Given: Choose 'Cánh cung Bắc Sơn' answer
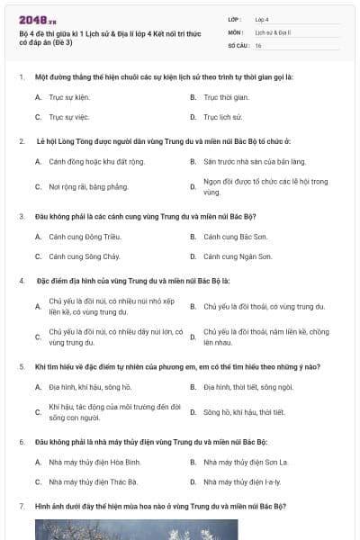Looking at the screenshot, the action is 237,237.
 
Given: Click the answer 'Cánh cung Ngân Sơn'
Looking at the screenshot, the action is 238,256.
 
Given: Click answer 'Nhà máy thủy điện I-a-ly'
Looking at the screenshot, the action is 242,482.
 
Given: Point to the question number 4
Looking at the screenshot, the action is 21,281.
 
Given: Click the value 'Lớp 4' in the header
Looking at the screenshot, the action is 263,18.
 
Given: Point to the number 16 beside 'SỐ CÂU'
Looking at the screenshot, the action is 258,44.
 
